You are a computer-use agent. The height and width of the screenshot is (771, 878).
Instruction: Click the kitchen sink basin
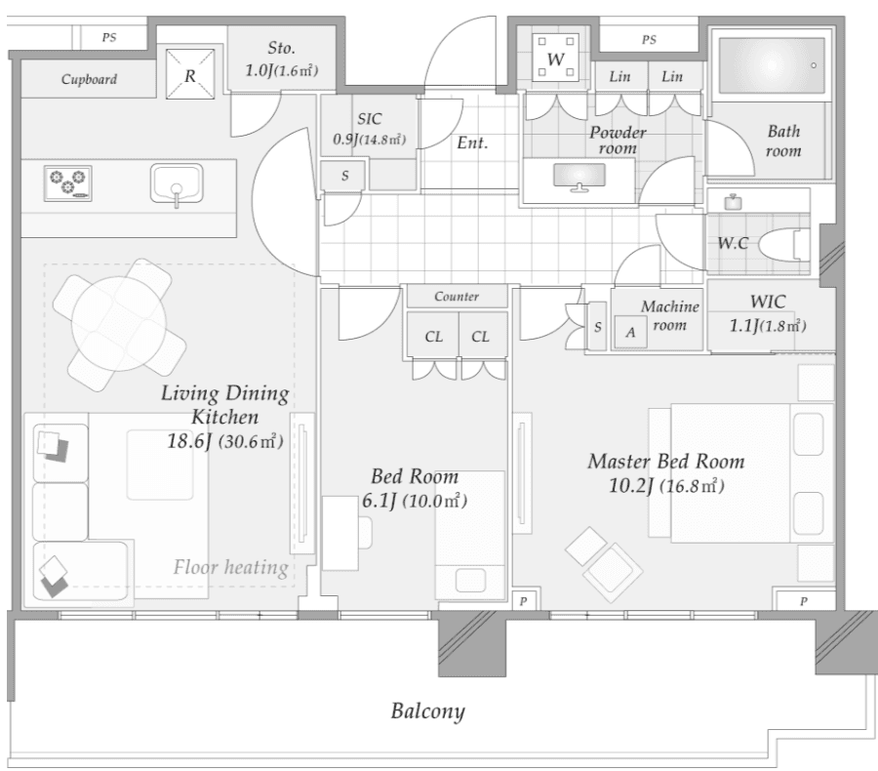(177, 183)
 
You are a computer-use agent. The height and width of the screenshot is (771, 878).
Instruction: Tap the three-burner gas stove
(67, 183)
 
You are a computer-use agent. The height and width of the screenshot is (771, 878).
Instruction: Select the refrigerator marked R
(190, 74)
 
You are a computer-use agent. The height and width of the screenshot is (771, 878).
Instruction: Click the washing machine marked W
(555, 58)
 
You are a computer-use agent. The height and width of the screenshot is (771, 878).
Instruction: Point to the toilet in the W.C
(784, 245)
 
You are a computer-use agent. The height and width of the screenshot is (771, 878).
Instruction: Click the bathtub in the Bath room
(772, 65)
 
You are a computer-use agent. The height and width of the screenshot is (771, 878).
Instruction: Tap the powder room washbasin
(579, 177)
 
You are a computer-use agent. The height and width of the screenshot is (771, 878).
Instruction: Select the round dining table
(119, 324)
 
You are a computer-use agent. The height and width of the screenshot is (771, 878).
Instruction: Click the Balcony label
(428, 711)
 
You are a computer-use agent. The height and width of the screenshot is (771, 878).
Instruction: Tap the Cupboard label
(89, 80)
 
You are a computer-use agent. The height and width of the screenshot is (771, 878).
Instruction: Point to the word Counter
(457, 297)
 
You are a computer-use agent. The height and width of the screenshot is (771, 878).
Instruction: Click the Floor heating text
(230, 567)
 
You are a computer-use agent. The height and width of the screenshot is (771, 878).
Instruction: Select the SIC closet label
(370, 119)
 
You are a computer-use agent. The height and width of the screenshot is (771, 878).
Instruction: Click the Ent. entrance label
(472, 142)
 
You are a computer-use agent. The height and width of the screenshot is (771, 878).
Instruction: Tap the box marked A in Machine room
(631, 332)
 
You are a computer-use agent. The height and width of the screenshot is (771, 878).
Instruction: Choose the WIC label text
(768, 302)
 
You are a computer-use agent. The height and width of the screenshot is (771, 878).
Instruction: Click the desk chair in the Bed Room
(365, 532)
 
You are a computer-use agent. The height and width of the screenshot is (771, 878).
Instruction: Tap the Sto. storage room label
(281, 48)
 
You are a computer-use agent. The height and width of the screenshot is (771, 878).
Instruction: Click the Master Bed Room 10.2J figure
(630, 485)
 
